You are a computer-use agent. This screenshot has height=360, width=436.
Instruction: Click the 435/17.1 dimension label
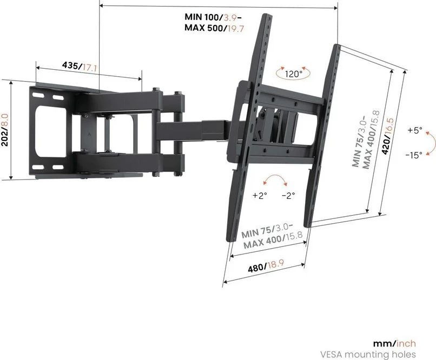tap(80, 66)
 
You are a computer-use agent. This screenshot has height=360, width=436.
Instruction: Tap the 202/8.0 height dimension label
tap(5, 130)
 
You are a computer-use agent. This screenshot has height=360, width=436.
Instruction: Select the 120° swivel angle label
tap(294, 74)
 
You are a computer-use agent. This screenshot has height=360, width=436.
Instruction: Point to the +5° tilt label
tap(415, 130)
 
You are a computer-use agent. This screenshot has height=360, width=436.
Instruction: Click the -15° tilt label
tap(414, 155)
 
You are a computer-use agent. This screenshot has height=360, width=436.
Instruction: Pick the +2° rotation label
tap(260, 196)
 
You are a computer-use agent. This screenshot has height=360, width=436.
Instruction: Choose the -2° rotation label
tap(288, 196)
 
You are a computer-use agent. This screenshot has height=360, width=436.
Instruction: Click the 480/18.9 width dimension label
tap(266, 265)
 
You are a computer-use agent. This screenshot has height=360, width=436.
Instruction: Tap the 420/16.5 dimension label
tap(389, 136)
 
